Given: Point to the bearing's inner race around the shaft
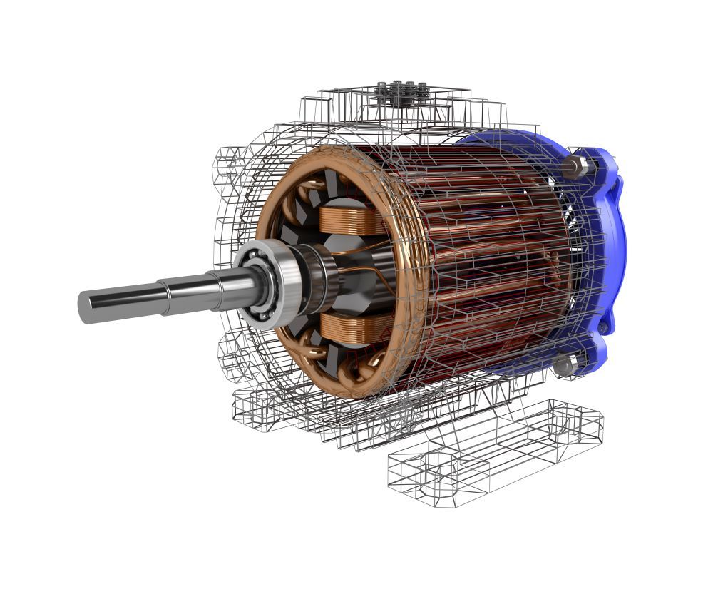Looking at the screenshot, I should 257,285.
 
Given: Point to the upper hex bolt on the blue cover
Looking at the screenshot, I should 575,168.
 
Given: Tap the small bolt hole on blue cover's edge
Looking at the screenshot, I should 605,327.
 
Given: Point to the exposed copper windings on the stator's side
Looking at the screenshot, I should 492,264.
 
